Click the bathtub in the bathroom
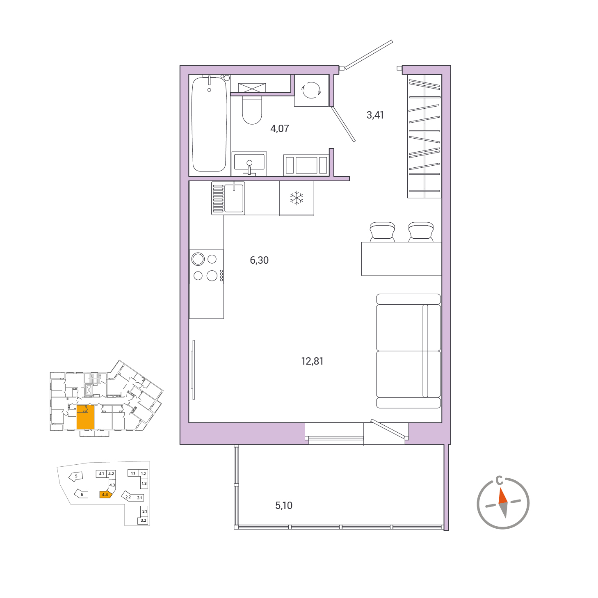pos(209,124)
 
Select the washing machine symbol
pos(311,90)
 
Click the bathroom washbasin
pos(249,164)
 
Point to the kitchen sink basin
pos(234,198)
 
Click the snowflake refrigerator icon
pos(297,198)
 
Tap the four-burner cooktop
pos(206,267)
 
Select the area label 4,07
pos(280,128)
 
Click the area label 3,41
pos(375,115)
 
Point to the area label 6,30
pos(259,260)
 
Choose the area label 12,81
pos(312,361)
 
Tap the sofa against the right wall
pos(409,351)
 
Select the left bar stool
pos(382,232)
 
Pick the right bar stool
pos(421,232)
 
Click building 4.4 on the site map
pos(105,495)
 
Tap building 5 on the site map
pos(76,476)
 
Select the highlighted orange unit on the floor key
pos(85,417)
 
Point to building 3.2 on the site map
pos(144,520)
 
